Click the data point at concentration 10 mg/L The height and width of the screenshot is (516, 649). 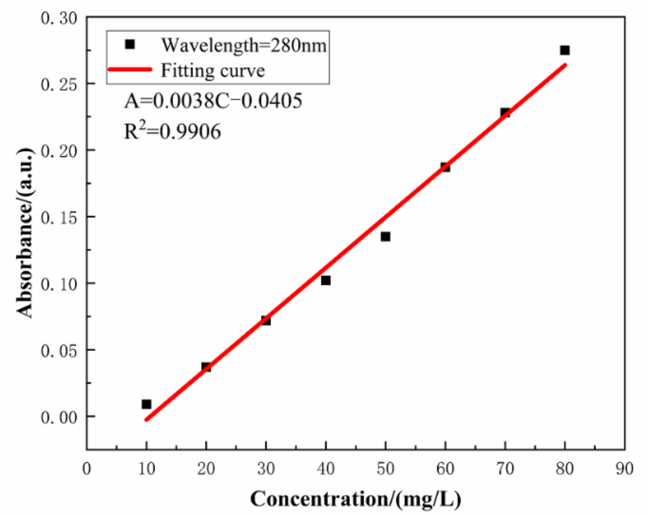pyautogui.click(x=147, y=404)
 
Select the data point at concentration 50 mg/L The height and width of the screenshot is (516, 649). pyautogui.click(x=385, y=237)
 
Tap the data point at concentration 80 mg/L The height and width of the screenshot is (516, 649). pyautogui.click(x=565, y=50)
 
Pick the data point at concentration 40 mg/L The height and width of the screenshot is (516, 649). pyautogui.click(x=326, y=280)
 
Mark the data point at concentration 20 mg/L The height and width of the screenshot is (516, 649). pyautogui.click(x=206, y=367)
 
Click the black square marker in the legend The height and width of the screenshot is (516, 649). pyautogui.click(x=130, y=44)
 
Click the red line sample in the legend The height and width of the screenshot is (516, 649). pyautogui.click(x=130, y=69)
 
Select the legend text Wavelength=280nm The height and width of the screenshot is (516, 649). pyautogui.click(x=244, y=45)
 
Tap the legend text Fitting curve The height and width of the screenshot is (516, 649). pyautogui.click(x=212, y=70)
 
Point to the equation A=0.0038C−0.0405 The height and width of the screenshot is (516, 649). pyautogui.click(x=213, y=101)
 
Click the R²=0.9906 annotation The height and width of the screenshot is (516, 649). pyautogui.click(x=172, y=132)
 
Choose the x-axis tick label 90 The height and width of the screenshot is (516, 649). pyautogui.click(x=624, y=469)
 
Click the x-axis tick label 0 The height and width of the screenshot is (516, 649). pyautogui.click(x=87, y=469)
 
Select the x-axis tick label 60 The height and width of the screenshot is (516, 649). pyautogui.click(x=445, y=469)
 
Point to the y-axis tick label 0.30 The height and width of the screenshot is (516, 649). pyautogui.click(x=59, y=18)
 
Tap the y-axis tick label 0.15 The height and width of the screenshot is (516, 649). pyautogui.click(x=59, y=218)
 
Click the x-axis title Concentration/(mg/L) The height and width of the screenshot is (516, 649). pyautogui.click(x=356, y=499)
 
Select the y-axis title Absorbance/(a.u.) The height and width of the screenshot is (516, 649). pyautogui.click(x=25, y=233)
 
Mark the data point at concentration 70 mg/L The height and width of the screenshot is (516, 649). pyautogui.click(x=505, y=112)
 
